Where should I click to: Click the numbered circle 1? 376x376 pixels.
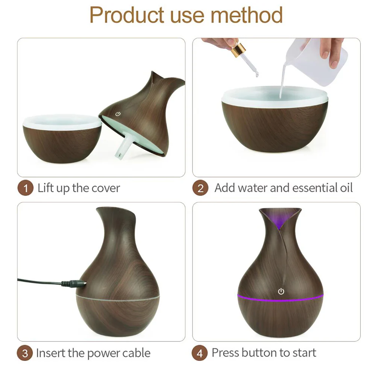(25, 188)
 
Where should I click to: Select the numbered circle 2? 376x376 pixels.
(200, 188)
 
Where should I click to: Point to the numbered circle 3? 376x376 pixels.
(25, 353)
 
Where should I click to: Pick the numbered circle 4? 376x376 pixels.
(200, 353)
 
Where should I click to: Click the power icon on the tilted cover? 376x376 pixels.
(118, 114)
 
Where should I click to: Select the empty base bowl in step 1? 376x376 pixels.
(62, 138)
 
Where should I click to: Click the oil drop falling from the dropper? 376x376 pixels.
(257, 74)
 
